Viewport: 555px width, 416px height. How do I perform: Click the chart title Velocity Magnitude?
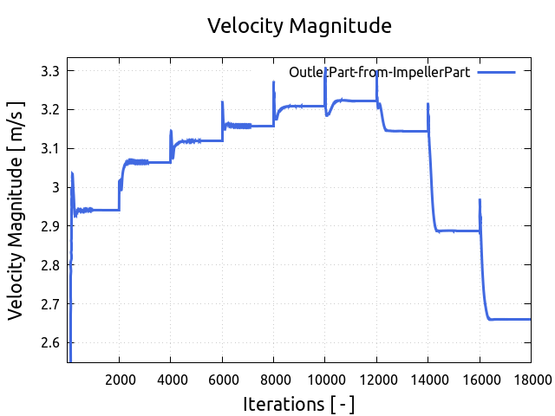(x=299, y=26)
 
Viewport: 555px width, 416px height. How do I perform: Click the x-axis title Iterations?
(x=298, y=404)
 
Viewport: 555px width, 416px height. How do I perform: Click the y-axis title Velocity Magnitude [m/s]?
(x=16, y=210)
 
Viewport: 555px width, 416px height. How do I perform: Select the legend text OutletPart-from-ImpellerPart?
(x=379, y=73)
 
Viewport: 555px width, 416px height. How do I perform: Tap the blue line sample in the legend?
(x=496, y=73)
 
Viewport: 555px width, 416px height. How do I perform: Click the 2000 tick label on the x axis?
(x=120, y=378)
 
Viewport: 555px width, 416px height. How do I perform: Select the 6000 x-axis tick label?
(x=223, y=378)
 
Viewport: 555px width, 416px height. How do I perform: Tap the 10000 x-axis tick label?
(x=325, y=378)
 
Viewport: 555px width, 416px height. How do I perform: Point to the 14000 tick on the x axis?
(x=428, y=378)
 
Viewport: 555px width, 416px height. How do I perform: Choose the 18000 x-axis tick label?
(x=531, y=378)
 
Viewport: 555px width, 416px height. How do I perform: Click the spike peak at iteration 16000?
(x=480, y=199)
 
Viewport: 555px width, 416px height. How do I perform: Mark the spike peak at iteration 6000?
(x=223, y=102)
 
